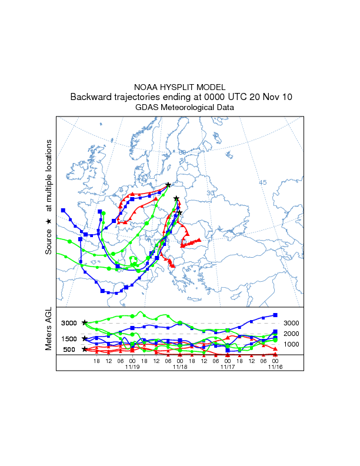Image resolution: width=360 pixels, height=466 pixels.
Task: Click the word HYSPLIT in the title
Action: point(179,87)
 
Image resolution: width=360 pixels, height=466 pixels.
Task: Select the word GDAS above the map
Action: point(147,108)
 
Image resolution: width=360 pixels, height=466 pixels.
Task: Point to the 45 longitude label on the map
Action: point(263,182)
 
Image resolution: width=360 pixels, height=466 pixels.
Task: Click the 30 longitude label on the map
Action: point(211,193)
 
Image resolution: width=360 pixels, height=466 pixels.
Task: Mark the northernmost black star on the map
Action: point(168,185)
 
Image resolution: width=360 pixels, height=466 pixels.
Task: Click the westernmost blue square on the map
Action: point(63,210)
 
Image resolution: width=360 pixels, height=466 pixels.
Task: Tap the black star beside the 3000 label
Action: point(85,322)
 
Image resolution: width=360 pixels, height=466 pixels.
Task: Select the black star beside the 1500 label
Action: point(85,338)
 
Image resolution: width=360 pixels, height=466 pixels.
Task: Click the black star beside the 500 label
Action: point(85,349)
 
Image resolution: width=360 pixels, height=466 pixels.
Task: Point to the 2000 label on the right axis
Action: point(292,334)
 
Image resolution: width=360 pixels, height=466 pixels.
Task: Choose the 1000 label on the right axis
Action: point(292,344)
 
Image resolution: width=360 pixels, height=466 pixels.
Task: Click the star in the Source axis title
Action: point(49,221)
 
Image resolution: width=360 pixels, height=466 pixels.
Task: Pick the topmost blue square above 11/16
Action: point(275,315)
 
